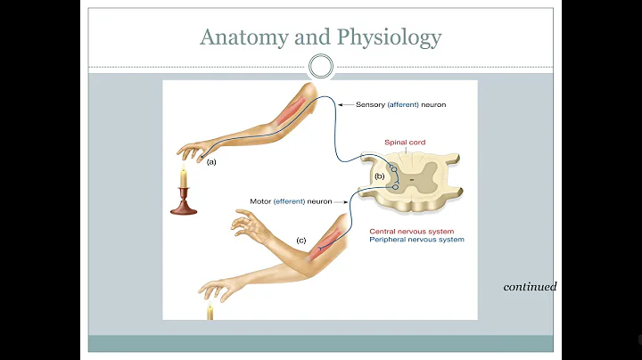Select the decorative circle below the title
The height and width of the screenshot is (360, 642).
321,65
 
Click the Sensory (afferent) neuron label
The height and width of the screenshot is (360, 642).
400,104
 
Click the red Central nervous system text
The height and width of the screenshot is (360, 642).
418,230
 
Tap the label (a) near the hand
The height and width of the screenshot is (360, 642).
211,162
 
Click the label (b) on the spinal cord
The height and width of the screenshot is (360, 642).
379,176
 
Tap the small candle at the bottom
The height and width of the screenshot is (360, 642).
210,313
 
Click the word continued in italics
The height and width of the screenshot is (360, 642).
530,287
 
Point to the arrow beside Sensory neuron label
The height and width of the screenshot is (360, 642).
345,104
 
